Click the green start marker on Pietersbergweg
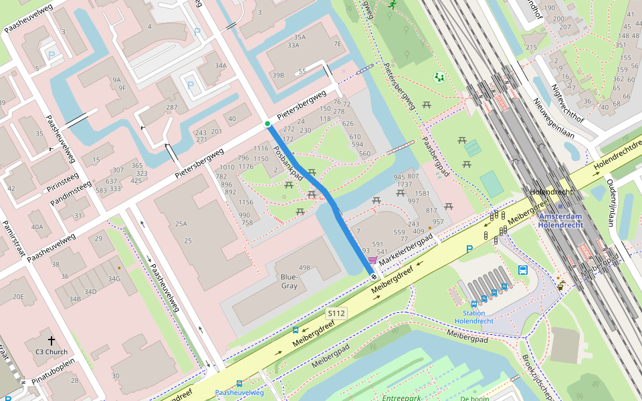click(267, 124)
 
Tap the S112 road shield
click(336, 313)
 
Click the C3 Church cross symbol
click(51, 340)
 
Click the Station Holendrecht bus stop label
click(473, 317)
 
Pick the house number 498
click(305, 268)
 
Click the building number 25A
click(181, 224)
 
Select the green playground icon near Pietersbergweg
click(439, 78)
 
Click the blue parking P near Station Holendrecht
click(469, 249)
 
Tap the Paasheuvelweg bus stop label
click(239, 393)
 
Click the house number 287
click(172, 107)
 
